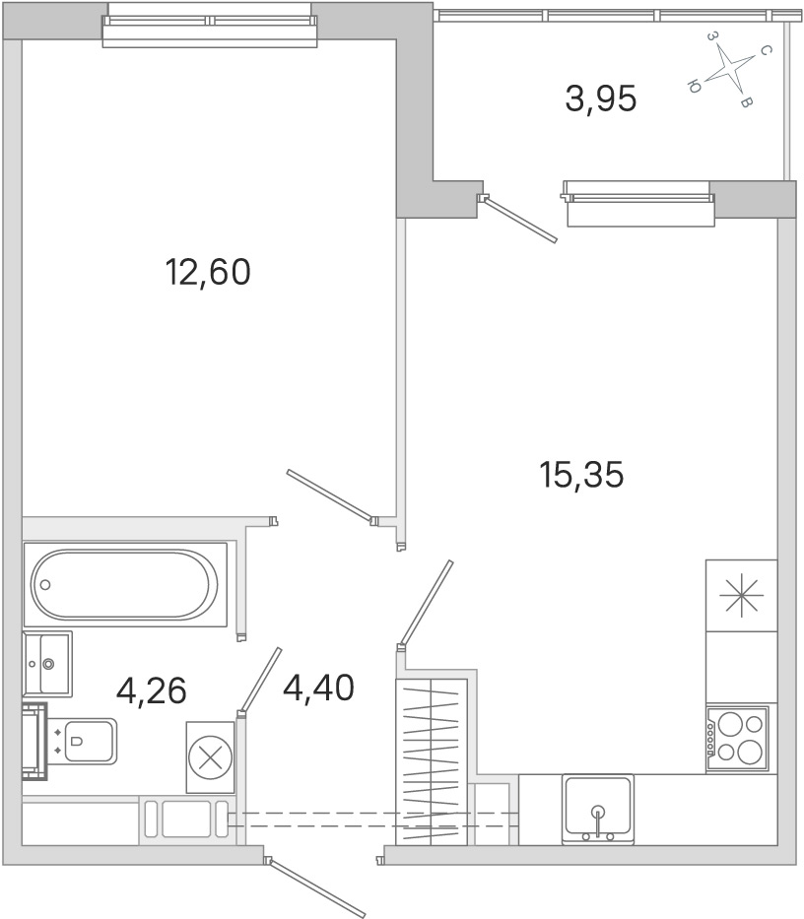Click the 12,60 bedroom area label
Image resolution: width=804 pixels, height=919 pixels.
pos(208,272)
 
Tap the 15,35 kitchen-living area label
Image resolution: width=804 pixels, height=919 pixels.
pos(581,474)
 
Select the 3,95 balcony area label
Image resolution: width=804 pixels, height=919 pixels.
pos(600,98)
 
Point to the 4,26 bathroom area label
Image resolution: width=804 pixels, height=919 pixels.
pos(152,690)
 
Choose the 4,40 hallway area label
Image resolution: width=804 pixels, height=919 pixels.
pos(318,688)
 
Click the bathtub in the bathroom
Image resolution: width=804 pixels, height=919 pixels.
pos(124,584)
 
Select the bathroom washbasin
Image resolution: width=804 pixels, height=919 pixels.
pos(47,664)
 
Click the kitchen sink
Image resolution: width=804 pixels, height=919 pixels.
pos(597,810)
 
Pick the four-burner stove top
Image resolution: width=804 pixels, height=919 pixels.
pos(737,739)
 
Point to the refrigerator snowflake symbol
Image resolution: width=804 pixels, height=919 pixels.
pos(742,596)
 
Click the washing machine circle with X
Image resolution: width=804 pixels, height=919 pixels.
pos(211,757)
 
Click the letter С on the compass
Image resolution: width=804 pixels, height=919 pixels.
pos(765,51)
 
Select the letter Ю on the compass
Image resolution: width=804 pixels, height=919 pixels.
pos(694,88)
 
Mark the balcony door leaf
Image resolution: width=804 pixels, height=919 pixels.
pos(518,220)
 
